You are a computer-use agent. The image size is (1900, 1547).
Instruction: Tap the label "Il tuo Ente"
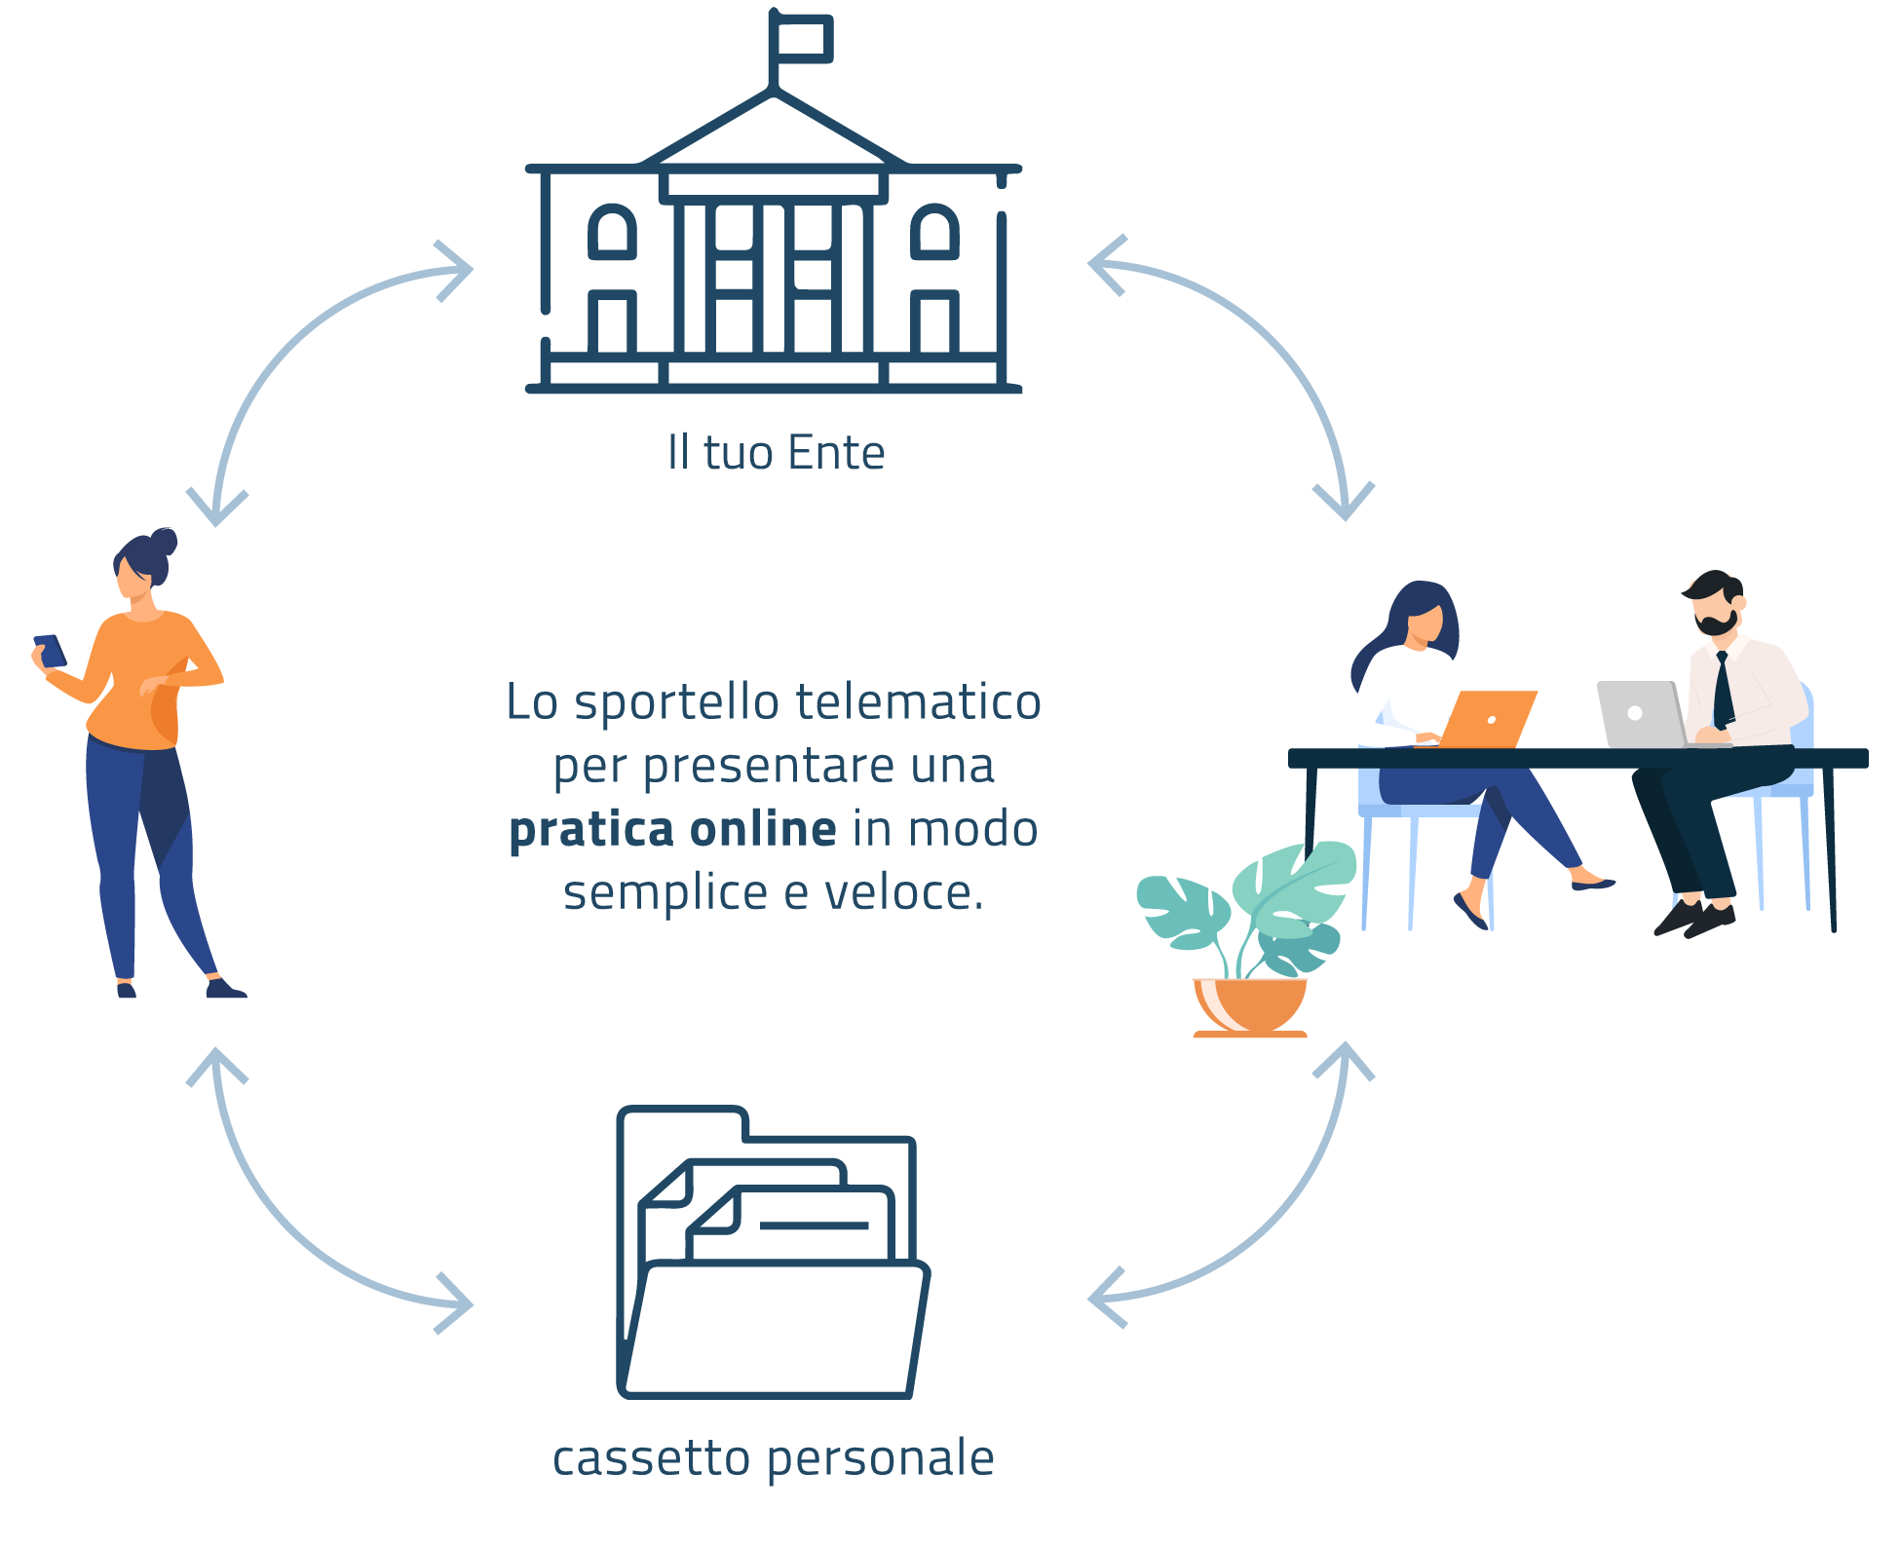pyautogui.click(x=776, y=453)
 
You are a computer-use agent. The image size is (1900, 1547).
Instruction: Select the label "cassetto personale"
pyautogui.click(x=773, y=1458)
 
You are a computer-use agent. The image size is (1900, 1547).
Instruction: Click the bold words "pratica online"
pyautogui.click(x=672, y=829)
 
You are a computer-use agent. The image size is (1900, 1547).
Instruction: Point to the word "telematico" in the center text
pyautogui.click(x=918, y=702)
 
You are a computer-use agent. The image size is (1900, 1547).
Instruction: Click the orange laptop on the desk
pyautogui.click(x=1487, y=719)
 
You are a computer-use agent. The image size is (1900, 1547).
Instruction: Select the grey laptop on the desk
pyautogui.click(x=1641, y=713)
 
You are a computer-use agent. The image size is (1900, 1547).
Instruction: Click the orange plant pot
pyautogui.click(x=1251, y=1005)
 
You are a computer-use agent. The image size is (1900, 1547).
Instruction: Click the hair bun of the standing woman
pyautogui.click(x=164, y=542)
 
